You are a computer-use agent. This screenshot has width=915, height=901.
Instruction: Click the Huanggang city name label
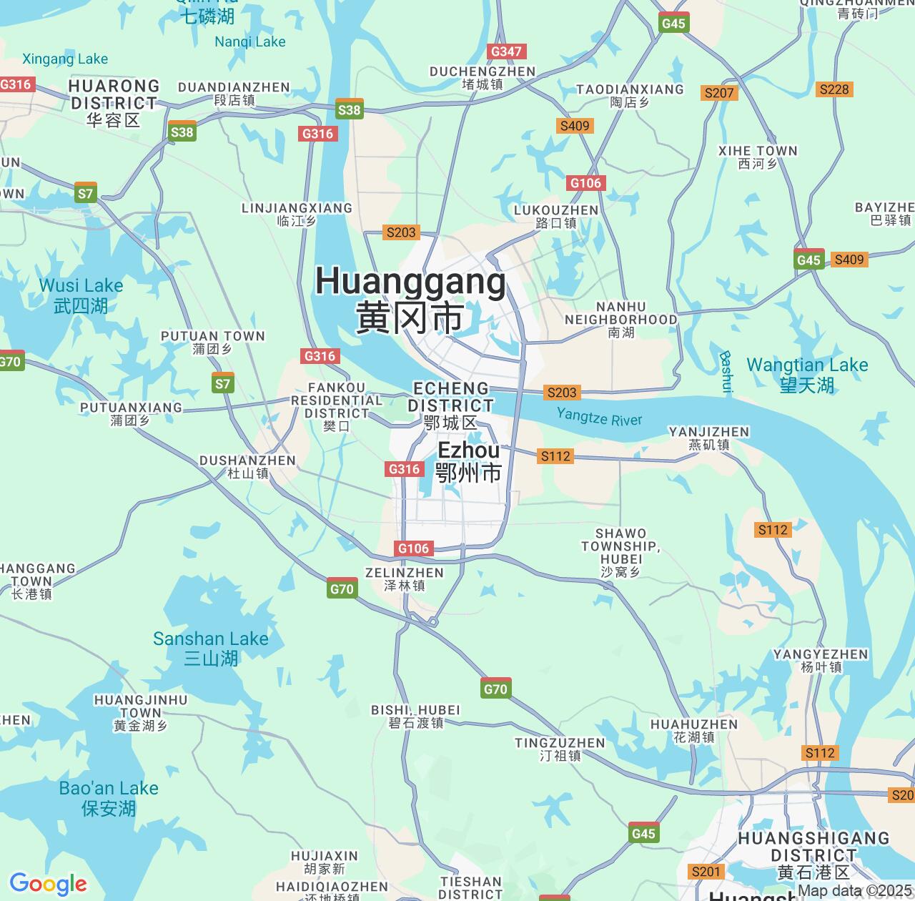click(410, 298)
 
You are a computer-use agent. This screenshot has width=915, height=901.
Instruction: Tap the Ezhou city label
click(469, 461)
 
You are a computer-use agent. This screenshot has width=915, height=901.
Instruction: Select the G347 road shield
click(506, 51)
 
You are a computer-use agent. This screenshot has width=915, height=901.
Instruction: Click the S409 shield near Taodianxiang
click(575, 126)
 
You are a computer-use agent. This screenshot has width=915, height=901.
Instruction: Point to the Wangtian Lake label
click(807, 375)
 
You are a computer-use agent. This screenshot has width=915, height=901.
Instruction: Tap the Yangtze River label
click(599, 417)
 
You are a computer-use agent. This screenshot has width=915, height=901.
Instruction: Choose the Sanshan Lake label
click(211, 648)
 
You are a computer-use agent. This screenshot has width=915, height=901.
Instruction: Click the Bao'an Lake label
click(109, 798)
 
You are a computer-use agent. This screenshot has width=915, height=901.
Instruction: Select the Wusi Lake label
click(81, 295)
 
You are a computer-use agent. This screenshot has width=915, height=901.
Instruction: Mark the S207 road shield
click(719, 93)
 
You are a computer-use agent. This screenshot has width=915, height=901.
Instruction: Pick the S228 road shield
click(834, 89)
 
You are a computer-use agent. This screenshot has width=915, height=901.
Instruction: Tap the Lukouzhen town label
click(556, 216)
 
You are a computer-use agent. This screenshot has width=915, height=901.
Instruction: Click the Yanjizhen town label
click(709, 438)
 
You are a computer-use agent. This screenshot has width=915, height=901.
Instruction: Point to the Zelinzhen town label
click(405, 578)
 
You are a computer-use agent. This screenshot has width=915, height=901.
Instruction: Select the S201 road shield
click(706, 871)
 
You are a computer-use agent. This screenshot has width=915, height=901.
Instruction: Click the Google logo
click(48, 884)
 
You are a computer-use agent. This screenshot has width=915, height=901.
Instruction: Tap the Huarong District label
click(114, 103)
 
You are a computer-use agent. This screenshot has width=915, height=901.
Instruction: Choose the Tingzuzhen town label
click(560, 749)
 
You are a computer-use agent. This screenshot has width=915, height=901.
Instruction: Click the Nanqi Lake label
click(250, 42)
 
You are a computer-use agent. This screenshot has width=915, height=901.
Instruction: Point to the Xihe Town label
click(758, 157)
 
